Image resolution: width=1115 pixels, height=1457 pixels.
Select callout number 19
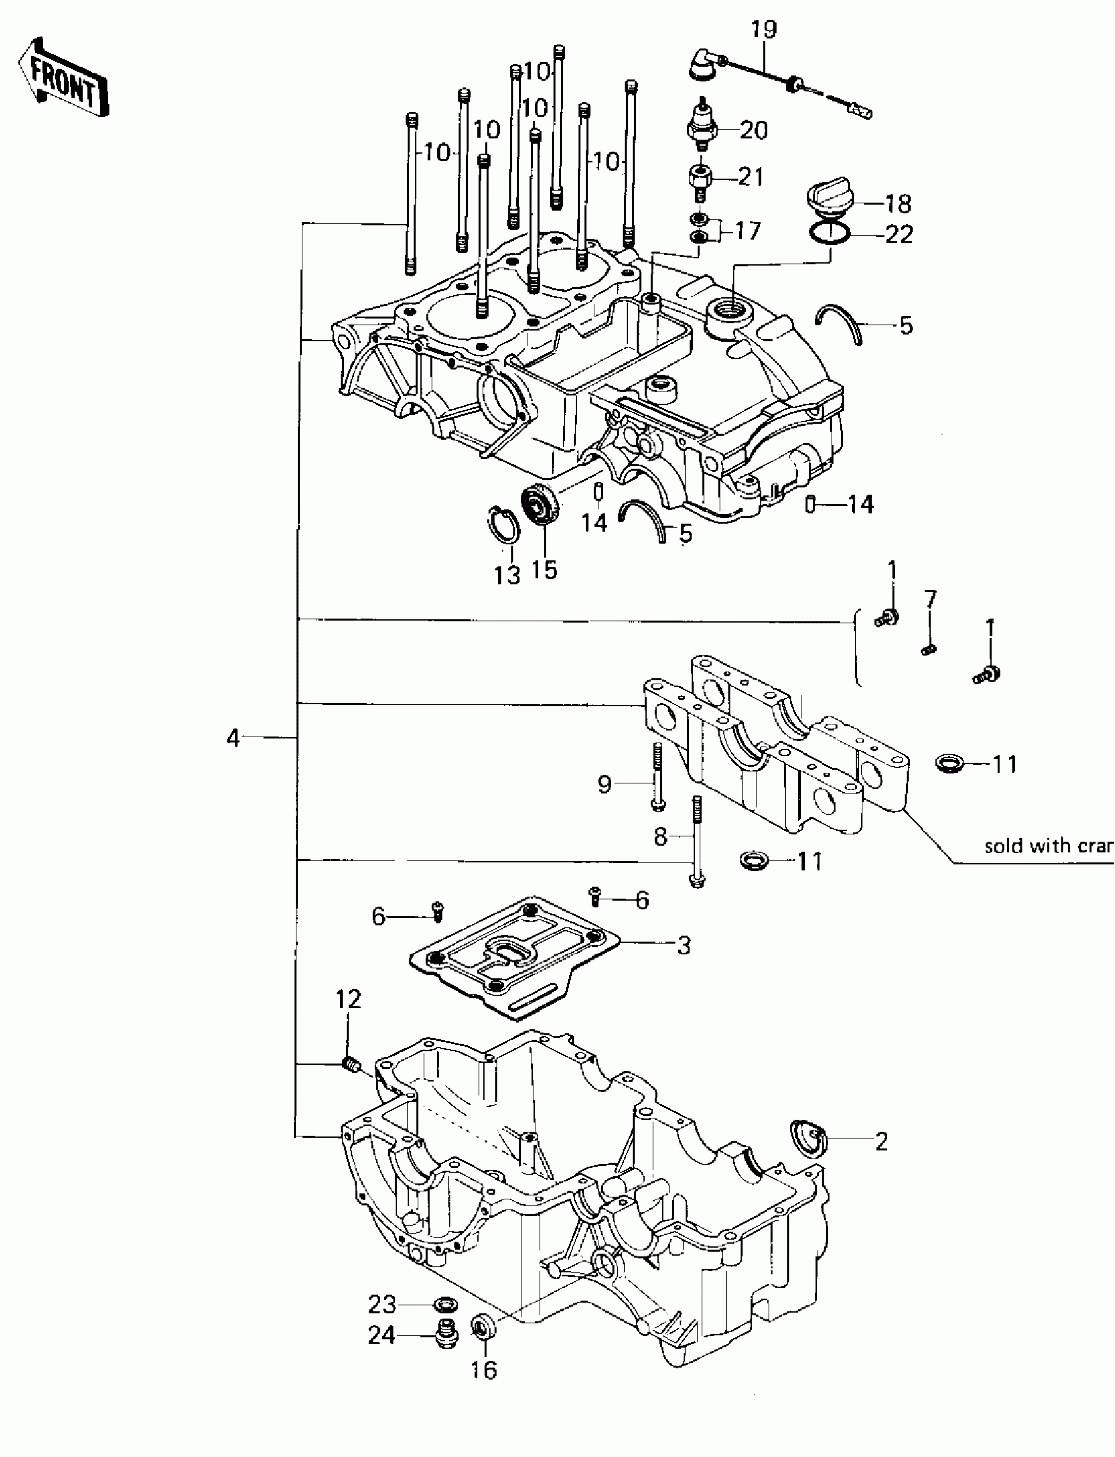[763, 30]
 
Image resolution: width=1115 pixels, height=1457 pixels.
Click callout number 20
[754, 130]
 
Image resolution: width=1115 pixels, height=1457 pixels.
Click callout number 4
[232, 737]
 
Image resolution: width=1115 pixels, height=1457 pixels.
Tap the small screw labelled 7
[929, 649]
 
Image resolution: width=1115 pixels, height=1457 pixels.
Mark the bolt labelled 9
[658, 777]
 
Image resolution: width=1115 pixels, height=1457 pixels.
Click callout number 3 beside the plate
[683, 945]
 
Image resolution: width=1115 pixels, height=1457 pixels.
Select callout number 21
[750, 176]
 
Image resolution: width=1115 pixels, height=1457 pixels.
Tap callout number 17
[747, 231]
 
